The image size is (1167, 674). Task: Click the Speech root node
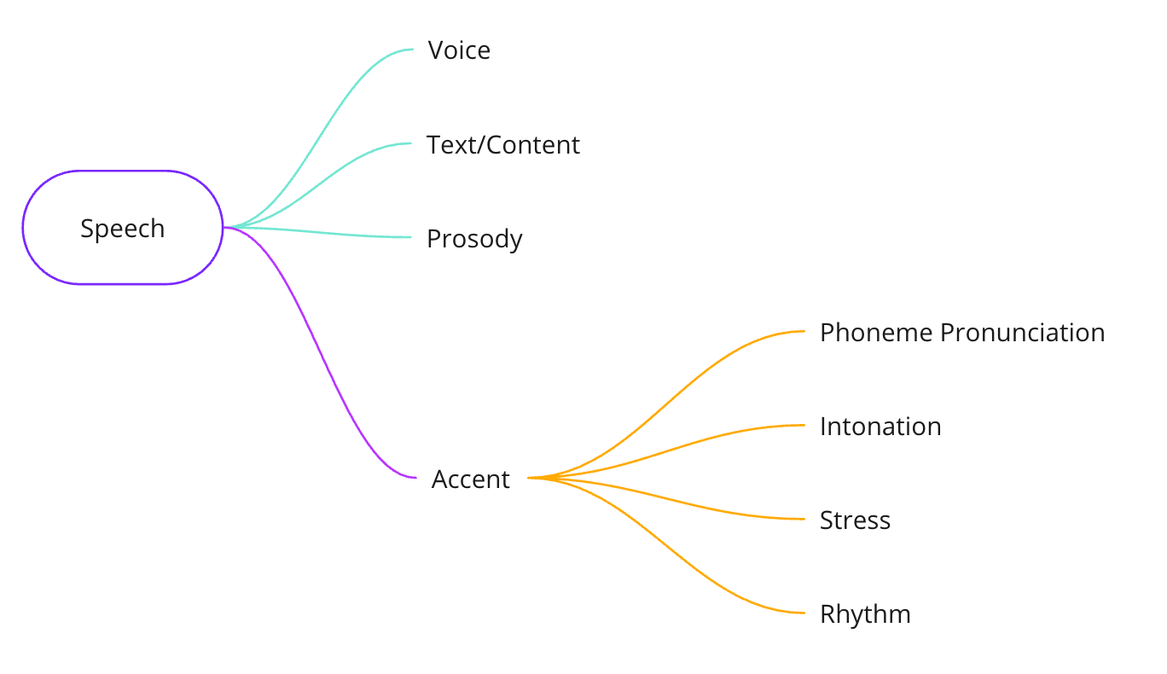click(x=122, y=228)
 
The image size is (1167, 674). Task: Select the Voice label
click(x=459, y=50)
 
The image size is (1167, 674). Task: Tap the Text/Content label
click(x=503, y=145)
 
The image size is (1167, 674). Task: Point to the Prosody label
click(x=474, y=239)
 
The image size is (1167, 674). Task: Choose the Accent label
click(x=470, y=479)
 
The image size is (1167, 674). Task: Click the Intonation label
click(x=880, y=427)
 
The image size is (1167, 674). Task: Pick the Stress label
click(x=855, y=520)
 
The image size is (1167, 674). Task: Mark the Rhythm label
click(x=865, y=614)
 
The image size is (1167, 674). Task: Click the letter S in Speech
click(x=86, y=229)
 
